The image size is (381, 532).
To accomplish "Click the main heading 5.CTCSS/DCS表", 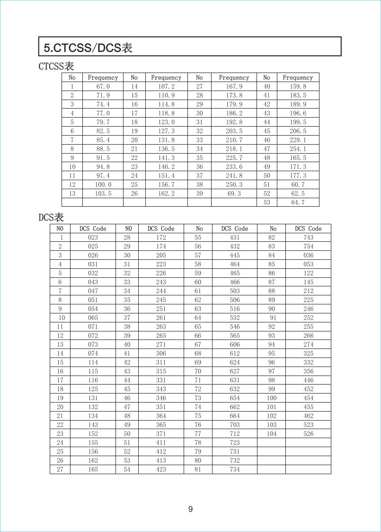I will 88,48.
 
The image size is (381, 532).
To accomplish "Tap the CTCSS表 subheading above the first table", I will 56,66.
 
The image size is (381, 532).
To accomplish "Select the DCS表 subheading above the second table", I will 51,217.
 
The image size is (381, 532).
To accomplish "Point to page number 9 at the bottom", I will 190,509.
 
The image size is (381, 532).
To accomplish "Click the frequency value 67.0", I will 103,87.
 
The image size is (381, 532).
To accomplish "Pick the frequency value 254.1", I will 298,149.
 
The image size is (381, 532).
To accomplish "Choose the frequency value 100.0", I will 103,184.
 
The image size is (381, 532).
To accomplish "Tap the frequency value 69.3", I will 234,193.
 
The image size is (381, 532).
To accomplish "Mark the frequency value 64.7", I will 298,202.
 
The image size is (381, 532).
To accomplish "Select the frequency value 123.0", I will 166,122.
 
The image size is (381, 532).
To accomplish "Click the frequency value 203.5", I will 234,131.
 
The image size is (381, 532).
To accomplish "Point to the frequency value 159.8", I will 298,87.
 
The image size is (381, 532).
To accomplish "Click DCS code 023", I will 93,238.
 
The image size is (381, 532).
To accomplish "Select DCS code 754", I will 308,247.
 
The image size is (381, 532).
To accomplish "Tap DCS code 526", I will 308,434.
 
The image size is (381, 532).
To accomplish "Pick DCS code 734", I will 235,469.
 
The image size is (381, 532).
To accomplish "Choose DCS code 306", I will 161,353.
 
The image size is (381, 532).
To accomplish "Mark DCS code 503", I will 235,291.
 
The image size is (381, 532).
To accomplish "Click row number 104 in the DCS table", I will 272,434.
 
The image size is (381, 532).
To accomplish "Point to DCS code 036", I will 308,256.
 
